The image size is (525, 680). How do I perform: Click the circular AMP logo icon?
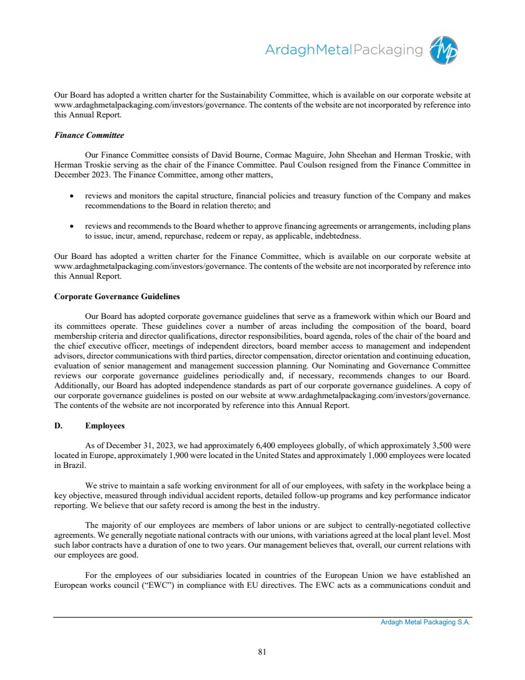point(445,49)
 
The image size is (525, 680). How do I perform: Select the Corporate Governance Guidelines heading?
point(117,297)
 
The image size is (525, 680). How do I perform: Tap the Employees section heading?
point(105,426)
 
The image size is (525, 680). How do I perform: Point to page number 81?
point(262,651)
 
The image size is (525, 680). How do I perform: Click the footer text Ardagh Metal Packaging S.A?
point(425,623)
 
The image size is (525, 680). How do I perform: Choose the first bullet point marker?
point(72,196)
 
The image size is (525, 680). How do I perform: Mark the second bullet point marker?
point(72,226)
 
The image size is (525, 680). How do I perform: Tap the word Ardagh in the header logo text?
point(287,50)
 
